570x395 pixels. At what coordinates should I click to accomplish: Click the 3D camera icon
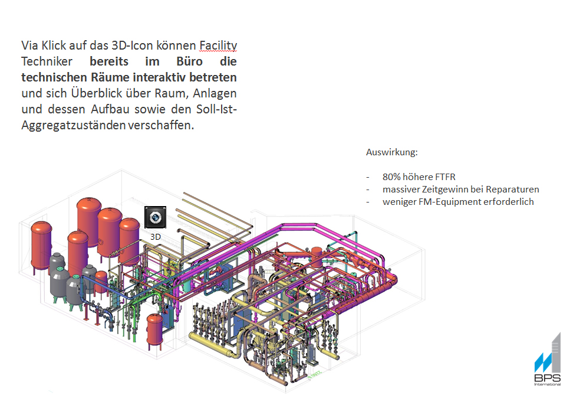click(155, 217)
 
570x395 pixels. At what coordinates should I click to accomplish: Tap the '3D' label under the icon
click(156, 237)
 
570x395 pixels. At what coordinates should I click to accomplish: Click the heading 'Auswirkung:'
click(391, 152)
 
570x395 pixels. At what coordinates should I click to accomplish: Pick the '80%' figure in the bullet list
click(392, 177)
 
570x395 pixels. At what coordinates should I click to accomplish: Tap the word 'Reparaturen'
click(515, 190)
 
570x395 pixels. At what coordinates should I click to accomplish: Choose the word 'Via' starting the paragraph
click(29, 45)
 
